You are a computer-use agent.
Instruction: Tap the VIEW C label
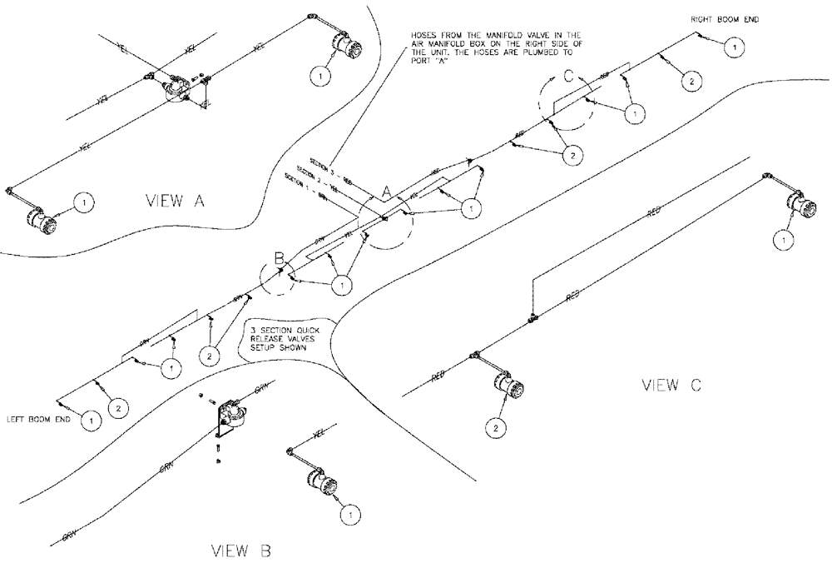tap(672, 385)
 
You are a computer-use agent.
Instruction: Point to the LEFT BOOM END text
tap(39, 420)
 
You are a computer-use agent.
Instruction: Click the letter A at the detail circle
tap(387, 191)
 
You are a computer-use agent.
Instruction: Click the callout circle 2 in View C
tap(496, 428)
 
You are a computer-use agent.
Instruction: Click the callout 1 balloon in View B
tap(350, 515)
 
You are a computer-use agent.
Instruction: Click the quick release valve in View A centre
tap(176, 87)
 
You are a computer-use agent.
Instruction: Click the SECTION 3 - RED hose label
tap(324, 170)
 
